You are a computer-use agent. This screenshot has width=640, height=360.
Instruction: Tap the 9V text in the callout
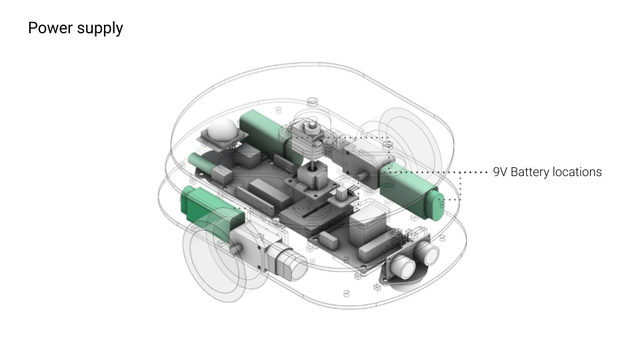499,172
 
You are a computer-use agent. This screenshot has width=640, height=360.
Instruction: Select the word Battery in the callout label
529,173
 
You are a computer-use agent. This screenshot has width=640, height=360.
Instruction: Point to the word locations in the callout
577,172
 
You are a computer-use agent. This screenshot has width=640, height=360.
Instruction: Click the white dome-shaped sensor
222,129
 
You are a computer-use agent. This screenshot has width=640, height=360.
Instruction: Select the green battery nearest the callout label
411,192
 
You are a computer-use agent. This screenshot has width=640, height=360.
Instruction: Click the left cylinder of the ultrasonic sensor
401,267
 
